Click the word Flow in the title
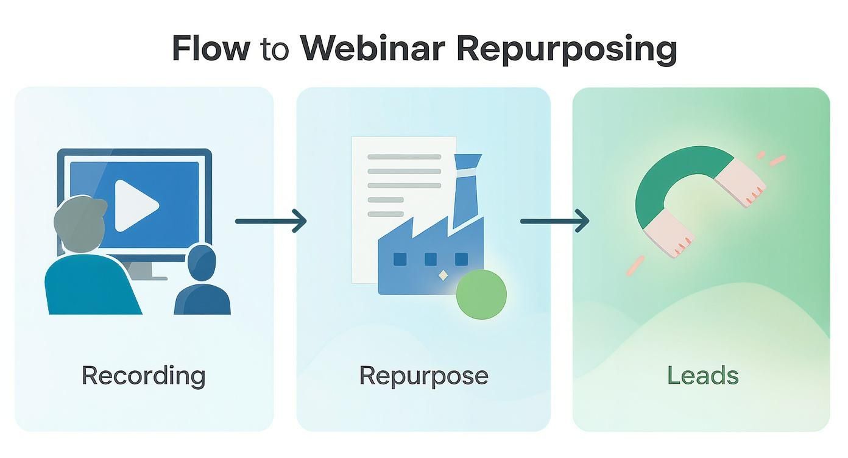(210, 48)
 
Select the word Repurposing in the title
(567, 49)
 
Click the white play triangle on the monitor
(135, 205)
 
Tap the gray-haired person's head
(79, 219)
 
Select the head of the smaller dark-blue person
(202, 262)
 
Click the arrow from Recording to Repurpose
(270, 221)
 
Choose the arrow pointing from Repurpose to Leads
(554, 220)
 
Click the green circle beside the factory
(481, 294)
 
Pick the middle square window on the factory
(431, 259)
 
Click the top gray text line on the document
(404, 157)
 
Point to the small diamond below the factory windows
(443, 276)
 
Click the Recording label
(143, 375)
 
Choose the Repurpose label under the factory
(423, 375)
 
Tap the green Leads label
(702, 375)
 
